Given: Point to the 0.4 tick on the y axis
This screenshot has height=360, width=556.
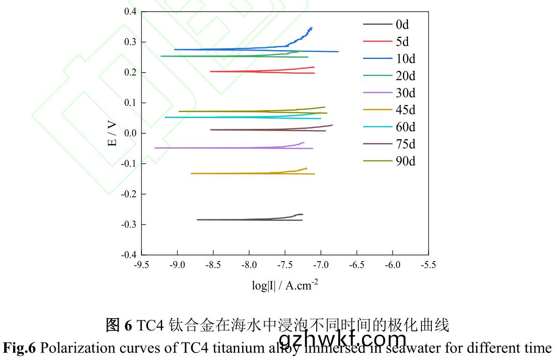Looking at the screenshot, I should point(131,12).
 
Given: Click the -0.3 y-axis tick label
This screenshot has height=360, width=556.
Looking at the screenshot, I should point(128,225).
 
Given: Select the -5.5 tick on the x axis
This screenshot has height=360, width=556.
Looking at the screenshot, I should point(428,265).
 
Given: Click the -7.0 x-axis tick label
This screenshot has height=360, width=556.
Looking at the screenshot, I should point(321,265).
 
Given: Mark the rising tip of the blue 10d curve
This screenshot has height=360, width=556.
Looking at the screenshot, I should point(311,29).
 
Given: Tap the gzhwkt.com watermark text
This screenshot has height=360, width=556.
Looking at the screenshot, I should point(342,338).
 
